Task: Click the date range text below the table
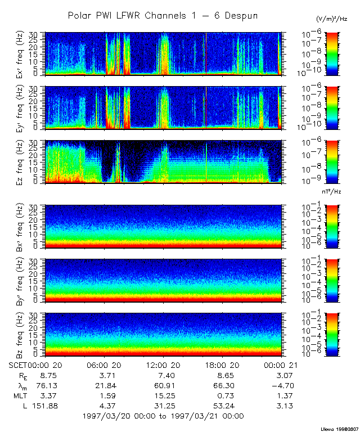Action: (x=163, y=416)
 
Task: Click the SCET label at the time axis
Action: (x=19, y=364)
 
